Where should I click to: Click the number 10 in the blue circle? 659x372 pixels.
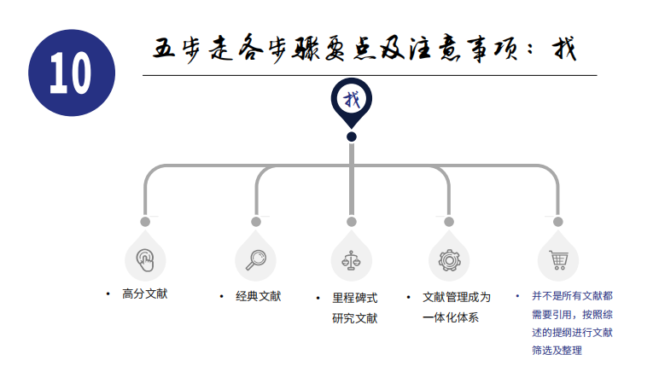(x=70, y=73)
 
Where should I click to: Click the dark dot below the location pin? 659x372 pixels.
(x=352, y=137)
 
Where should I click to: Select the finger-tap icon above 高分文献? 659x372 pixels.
(x=145, y=260)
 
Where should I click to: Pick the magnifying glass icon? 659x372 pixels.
(x=256, y=260)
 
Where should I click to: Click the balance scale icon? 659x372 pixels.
(x=352, y=260)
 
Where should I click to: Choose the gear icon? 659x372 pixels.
(x=449, y=260)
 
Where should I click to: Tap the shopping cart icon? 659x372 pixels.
(x=558, y=260)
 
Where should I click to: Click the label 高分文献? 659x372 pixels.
(x=145, y=294)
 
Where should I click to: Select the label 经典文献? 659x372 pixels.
(x=258, y=296)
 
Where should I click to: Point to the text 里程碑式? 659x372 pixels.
(x=355, y=298)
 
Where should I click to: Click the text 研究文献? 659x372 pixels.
(x=355, y=318)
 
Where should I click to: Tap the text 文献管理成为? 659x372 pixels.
(x=457, y=297)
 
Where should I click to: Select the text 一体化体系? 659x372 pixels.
(x=451, y=317)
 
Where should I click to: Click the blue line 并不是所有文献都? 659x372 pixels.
(x=573, y=296)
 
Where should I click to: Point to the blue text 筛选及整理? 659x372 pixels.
(x=557, y=350)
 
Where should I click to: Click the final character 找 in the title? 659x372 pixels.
(x=564, y=49)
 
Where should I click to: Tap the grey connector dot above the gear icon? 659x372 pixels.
(x=449, y=222)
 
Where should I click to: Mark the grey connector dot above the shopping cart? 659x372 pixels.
(x=558, y=222)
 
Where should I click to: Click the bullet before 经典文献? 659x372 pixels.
(x=221, y=296)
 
